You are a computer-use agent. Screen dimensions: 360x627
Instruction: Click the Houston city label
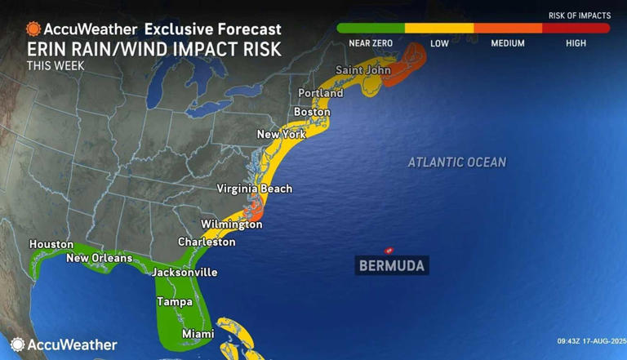coord(51,244)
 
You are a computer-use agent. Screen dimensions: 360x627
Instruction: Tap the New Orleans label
coord(99,259)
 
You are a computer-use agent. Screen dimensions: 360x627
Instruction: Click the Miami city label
coord(198,334)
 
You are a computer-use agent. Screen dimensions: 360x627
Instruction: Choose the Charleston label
coord(207,242)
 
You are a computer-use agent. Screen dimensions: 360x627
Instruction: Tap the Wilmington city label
coord(232,224)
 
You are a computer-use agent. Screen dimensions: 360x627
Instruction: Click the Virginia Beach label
coord(254,189)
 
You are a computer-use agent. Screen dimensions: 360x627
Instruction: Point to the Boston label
coord(311,112)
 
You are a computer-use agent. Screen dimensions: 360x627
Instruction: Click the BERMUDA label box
coord(392,265)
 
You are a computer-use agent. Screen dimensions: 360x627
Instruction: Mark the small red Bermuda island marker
coord(389,250)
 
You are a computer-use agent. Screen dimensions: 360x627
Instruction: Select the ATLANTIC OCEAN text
coord(456,162)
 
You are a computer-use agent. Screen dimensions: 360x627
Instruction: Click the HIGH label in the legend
coord(576,43)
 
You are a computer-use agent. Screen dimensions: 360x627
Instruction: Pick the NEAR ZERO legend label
coord(370,43)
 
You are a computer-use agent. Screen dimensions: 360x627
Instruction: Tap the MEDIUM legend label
coord(507,43)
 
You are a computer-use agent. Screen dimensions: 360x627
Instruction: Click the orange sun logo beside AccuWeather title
coord(33,29)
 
